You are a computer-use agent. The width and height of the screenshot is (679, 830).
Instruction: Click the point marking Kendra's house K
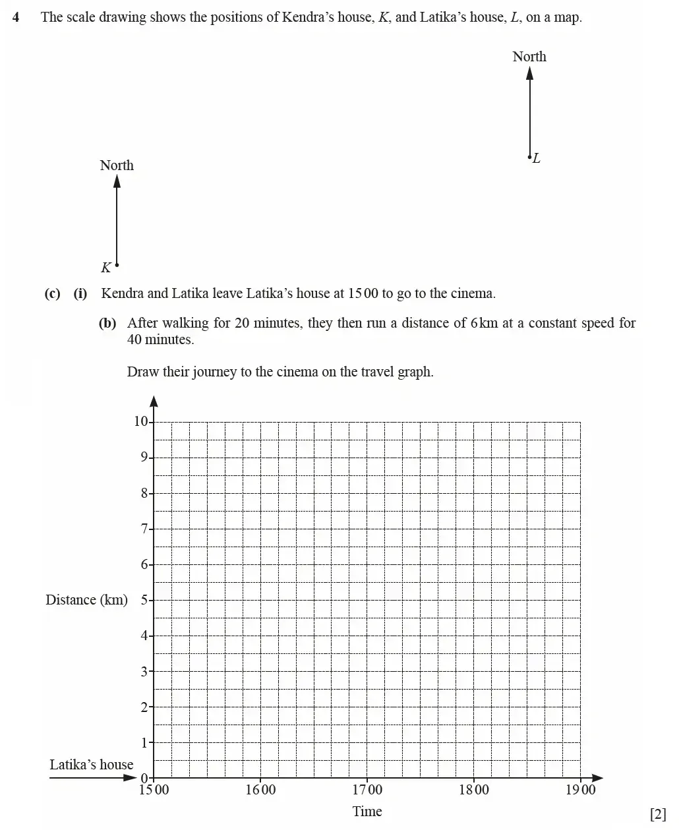coord(117,265)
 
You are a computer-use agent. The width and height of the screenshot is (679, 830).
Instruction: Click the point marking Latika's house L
coord(529,157)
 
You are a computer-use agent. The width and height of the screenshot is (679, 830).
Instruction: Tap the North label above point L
coord(529,57)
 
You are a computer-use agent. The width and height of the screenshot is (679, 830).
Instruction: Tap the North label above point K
coord(117,165)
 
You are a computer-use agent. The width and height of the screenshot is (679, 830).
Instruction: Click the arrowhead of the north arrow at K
coord(117,181)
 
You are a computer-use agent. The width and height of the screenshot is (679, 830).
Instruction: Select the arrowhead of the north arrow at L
coord(529,72)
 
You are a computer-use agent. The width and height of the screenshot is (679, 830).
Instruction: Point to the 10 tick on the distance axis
coord(141,422)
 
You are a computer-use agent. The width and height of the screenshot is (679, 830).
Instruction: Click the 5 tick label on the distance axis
coord(144,600)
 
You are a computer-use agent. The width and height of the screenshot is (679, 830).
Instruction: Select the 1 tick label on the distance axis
coord(144,743)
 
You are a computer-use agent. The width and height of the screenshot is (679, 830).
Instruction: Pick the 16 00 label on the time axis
coord(260,790)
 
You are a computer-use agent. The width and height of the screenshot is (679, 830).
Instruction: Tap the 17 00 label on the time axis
coord(367,790)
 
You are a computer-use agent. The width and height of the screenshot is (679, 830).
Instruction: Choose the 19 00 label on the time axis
coord(580,790)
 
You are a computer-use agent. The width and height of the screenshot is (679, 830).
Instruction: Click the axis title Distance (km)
coord(86,600)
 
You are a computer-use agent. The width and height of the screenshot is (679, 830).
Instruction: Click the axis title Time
coord(367,812)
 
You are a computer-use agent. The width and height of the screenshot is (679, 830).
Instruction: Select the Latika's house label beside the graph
coord(91,765)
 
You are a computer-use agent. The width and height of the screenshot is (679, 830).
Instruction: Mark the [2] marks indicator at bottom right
coord(658,814)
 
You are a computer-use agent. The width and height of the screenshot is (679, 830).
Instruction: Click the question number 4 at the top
coord(16,17)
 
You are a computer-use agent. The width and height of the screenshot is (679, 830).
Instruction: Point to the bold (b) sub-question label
coord(107,323)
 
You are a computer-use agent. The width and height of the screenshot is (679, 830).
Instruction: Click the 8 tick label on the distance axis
coord(144,493)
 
